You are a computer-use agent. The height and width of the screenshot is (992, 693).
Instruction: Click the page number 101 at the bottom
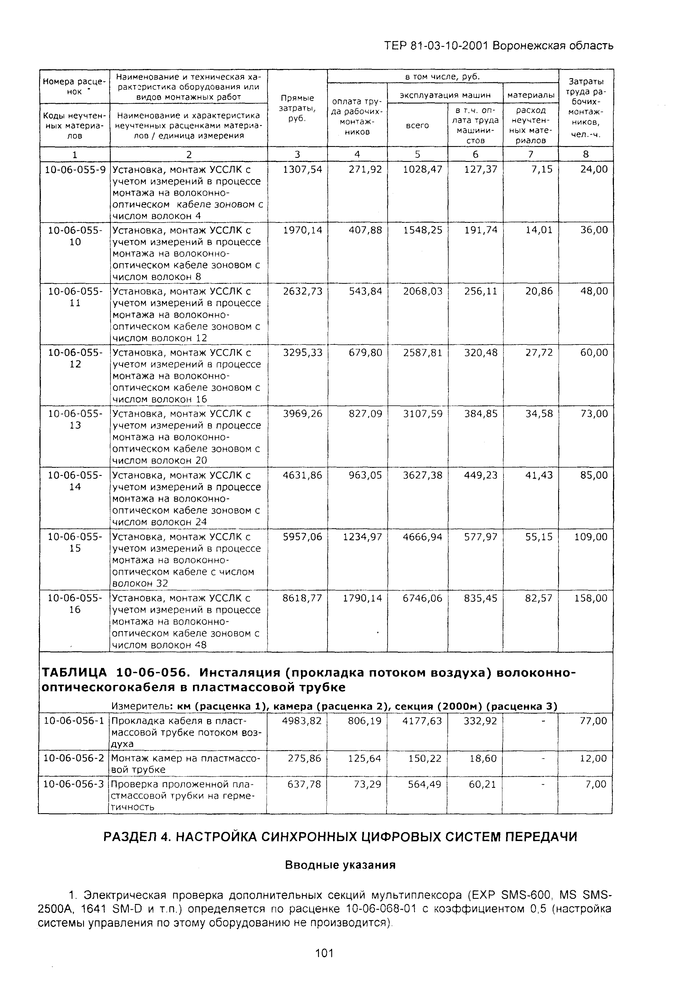(x=324, y=952)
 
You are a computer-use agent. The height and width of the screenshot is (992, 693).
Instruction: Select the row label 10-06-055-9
(x=75, y=169)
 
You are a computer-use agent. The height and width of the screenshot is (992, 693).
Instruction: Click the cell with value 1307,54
(x=303, y=169)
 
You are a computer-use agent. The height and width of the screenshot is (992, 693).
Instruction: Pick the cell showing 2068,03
(x=422, y=292)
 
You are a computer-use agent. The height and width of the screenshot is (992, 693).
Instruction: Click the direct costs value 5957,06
(x=303, y=537)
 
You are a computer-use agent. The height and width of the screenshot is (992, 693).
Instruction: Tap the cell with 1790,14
(x=363, y=598)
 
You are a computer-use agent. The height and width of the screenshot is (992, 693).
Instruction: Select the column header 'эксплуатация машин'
(x=445, y=95)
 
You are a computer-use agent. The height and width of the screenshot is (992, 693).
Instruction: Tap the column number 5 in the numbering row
(x=417, y=154)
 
